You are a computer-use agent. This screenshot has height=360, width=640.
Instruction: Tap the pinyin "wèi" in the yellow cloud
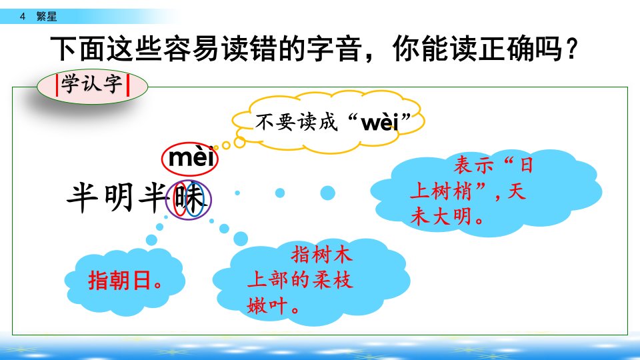tap(379, 121)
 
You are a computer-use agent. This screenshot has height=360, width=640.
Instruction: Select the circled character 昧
tap(189, 199)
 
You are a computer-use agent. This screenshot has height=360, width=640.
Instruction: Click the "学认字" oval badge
tap(92, 86)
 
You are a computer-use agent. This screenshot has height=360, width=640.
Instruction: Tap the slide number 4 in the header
tap(23, 16)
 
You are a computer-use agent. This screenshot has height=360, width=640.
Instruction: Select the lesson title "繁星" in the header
tap(47, 16)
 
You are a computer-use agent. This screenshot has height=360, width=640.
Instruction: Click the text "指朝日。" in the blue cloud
tap(125, 281)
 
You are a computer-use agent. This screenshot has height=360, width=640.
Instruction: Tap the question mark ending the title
tap(571, 48)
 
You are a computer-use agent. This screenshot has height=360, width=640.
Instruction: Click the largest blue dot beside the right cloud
tap(327, 193)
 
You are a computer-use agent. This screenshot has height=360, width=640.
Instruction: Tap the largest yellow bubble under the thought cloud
tap(239, 143)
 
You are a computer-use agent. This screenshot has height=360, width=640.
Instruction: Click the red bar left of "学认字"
tap(57, 85)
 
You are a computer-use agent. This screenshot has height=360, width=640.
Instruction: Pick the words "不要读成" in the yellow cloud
tap(297, 121)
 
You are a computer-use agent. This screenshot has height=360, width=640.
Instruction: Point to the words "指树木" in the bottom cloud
tap(321, 255)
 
